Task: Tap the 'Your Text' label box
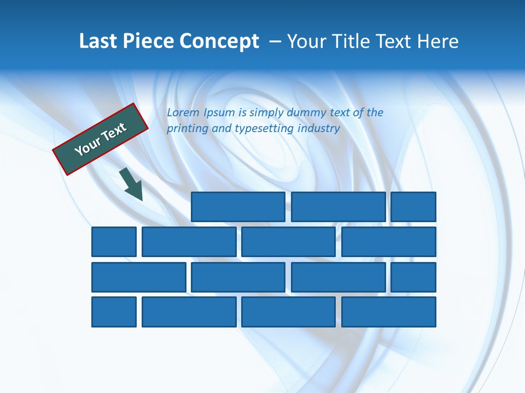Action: click(x=101, y=139)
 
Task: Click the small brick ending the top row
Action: click(x=413, y=207)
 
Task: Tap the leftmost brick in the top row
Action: click(x=238, y=207)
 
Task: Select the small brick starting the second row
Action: click(x=114, y=242)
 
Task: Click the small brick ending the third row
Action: click(x=413, y=277)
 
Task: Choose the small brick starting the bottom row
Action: click(x=114, y=312)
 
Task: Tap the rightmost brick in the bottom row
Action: click(x=389, y=312)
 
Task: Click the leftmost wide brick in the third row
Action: click(x=139, y=277)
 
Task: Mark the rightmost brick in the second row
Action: click(x=389, y=242)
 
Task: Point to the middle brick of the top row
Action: click(x=338, y=207)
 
